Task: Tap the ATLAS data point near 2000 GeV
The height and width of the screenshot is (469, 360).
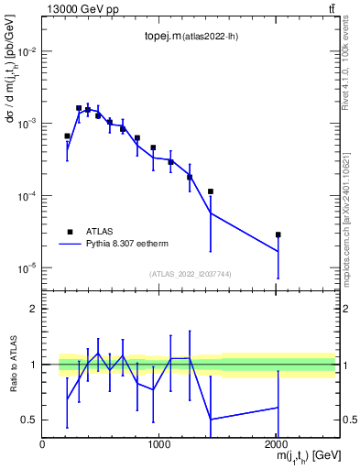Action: (278, 234)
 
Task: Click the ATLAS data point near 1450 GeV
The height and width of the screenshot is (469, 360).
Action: (211, 191)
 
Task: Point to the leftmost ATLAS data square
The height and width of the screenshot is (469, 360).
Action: (67, 136)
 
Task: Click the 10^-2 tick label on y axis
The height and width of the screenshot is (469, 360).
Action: (25, 51)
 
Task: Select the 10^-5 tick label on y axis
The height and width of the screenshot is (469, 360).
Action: (25, 268)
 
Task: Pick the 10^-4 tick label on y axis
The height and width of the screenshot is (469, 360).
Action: (25, 196)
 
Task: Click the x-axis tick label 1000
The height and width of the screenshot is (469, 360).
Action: (158, 444)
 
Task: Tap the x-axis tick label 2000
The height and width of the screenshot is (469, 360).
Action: (276, 444)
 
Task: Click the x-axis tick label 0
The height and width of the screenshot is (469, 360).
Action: (42, 444)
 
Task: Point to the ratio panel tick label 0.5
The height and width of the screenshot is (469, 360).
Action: (30, 420)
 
